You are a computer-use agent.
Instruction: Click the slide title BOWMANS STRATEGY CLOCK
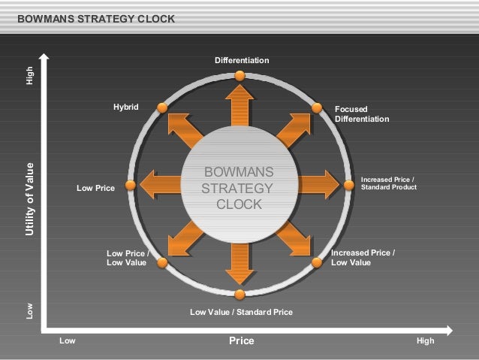point(95,18)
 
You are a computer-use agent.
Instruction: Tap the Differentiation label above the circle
point(242,59)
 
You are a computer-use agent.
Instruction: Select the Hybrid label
point(126,107)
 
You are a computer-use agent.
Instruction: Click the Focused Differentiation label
point(362,114)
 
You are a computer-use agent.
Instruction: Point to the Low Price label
point(95,189)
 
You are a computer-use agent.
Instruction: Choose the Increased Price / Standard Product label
point(388,183)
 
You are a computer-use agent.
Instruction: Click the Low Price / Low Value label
point(127,258)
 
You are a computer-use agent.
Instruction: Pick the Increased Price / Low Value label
point(363,258)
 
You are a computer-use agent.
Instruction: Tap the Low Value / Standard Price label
point(241,311)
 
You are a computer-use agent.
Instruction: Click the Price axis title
point(242,341)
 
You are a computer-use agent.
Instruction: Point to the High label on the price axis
point(425,341)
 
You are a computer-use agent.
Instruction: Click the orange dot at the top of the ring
point(239,75)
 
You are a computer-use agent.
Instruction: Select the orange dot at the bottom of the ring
point(239,295)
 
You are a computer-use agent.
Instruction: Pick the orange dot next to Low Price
point(130,185)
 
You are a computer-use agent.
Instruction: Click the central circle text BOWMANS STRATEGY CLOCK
point(239,188)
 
